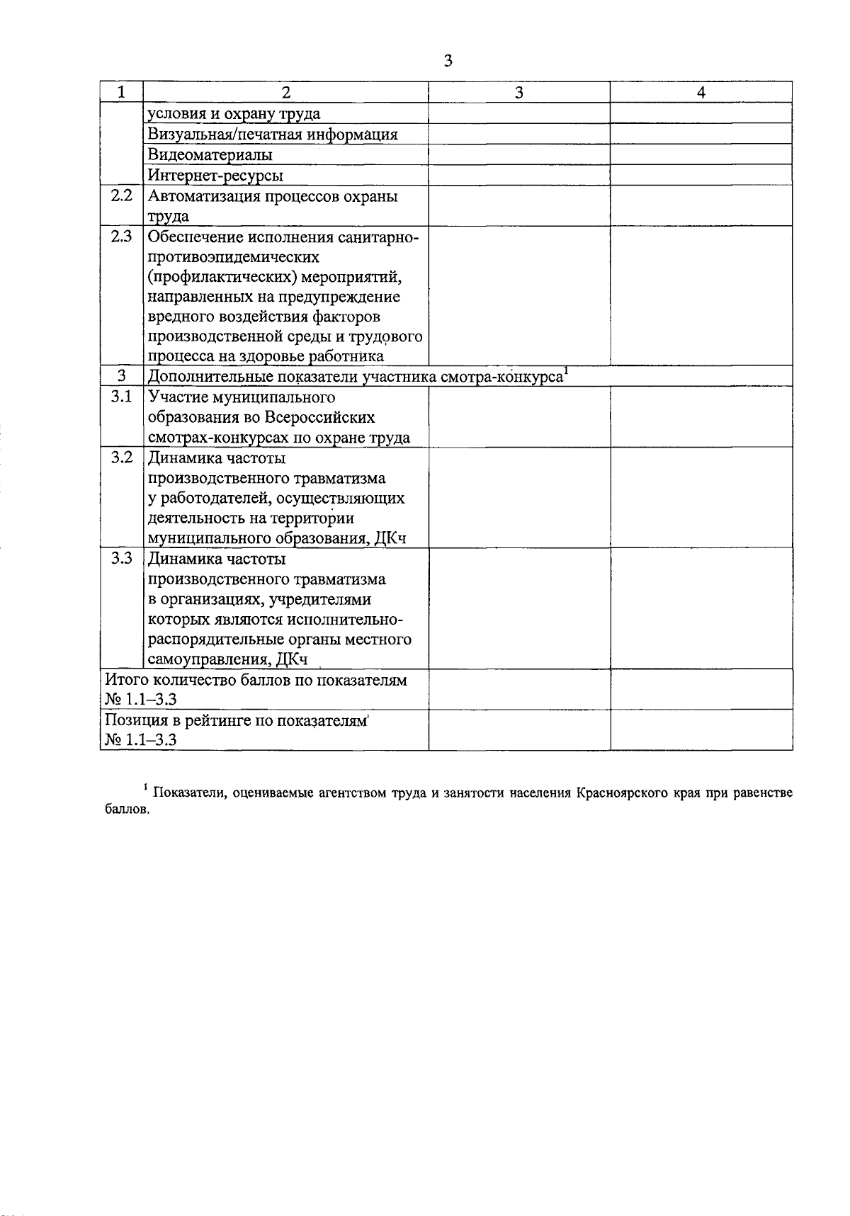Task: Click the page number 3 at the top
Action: [x=448, y=61]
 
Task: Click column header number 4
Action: [x=701, y=93]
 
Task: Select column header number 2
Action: [x=285, y=93]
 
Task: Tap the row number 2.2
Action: [x=122, y=195]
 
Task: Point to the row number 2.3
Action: [x=122, y=237]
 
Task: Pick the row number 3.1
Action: [x=122, y=397]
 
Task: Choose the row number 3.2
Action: [x=122, y=458]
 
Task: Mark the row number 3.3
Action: [x=122, y=559]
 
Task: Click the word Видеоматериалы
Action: [x=210, y=154]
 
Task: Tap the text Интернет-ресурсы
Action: [x=215, y=175]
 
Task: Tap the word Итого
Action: [x=125, y=681]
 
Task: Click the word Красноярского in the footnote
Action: [x=623, y=793]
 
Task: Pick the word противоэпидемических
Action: [x=233, y=256]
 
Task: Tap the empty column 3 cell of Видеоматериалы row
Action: [x=519, y=154]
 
